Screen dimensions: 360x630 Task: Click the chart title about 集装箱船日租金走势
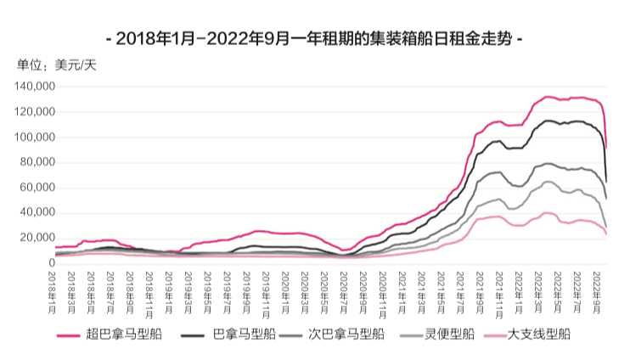click(x=315, y=38)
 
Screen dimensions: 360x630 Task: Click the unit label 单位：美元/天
click(x=57, y=65)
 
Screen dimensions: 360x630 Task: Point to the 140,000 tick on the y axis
click(x=35, y=87)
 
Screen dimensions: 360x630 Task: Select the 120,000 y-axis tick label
click(x=35, y=112)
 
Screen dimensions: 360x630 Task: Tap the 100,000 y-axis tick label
click(x=35, y=138)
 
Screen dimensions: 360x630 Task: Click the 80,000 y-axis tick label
click(x=38, y=162)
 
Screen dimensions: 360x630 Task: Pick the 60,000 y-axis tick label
click(x=38, y=188)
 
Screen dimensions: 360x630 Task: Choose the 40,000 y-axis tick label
click(x=38, y=213)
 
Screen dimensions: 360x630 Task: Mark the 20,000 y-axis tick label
click(x=38, y=238)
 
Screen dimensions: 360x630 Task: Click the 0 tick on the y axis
click(x=51, y=263)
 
